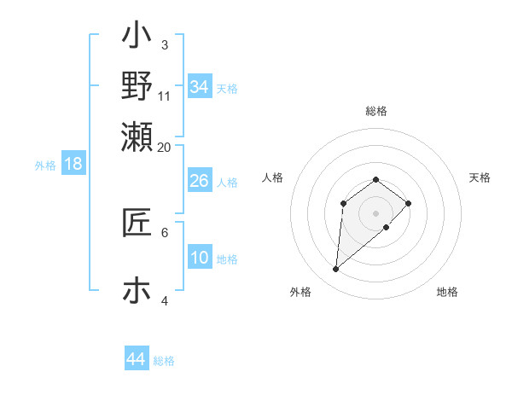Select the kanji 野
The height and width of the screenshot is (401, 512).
pyautogui.click(x=137, y=86)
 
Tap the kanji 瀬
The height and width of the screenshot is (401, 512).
pyautogui.click(x=137, y=136)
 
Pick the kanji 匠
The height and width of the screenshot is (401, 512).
pyautogui.click(x=137, y=223)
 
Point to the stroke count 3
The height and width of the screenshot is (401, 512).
pyautogui.click(x=164, y=44)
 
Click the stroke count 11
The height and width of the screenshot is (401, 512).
pyautogui.click(x=165, y=95)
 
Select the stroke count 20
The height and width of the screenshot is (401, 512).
pyautogui.click(x=165, y=147)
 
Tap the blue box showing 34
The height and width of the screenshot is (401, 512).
pyautogui.click(x=199, y=87)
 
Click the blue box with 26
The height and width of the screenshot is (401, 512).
pyautogui.click(x=199, y=181)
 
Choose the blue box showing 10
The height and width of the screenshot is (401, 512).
pyautogui.click(x=199, y=258)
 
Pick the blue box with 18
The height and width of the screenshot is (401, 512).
pyautogui.click(x=73, y=164)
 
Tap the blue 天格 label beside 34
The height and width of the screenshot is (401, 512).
pyautogui.click(x=227, y=89)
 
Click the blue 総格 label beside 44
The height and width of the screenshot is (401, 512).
pyautogui.click(x=164, y=361)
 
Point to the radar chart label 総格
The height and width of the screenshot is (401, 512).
pyautogui.click(x=375, y=111)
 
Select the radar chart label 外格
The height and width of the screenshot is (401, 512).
pyautogui.click(x=300, y=292)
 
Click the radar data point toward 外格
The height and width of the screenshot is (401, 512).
pyautogui.click(x=335, y=270)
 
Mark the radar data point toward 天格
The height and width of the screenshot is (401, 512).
pyautogui.click(x=409, y=203)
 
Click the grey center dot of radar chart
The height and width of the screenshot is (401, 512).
pyautogui.click(x=375, y=213)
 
